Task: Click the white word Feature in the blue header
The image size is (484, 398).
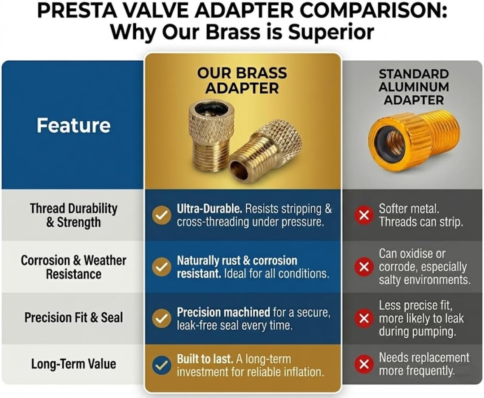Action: [74, 125]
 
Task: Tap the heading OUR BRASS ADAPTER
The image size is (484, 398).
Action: [242, 80]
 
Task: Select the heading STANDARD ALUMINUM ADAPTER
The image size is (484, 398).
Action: [414, 87]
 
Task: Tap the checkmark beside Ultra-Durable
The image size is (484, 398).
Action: [161, 215]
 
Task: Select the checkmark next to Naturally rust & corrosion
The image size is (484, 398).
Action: [161, 267]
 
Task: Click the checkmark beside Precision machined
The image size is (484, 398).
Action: [161, 318]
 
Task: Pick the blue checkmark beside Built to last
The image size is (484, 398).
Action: [161, 365]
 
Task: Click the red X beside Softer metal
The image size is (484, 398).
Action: [364, 215]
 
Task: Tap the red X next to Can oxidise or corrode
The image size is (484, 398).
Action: [364, 267]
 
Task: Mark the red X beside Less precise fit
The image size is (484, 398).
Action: [364, 318]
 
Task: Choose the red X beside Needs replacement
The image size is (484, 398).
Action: [364, 364]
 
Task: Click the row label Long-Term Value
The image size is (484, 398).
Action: [74, 364]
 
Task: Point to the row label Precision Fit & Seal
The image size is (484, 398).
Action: [74, 318]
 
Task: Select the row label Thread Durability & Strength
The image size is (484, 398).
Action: [74, 215]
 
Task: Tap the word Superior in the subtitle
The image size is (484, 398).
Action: [331, 32]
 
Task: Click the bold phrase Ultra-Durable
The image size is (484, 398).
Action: [209, 209]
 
